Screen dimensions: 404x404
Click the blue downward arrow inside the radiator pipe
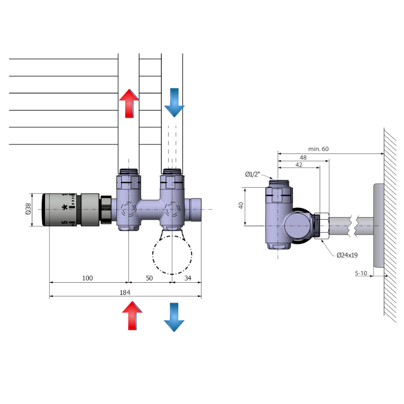tap(174, 103)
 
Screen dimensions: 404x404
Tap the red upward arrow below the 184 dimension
tap(132, 316)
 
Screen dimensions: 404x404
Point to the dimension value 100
tap(87, 278)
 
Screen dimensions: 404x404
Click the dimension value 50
tap(149, 278)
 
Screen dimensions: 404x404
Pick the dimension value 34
tap(187, 278)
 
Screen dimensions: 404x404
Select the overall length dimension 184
tap(125, 292)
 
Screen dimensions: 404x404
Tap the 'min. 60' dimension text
tap(319, 148)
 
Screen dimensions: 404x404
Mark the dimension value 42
tap(298, 165)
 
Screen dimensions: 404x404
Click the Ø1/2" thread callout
tap(252, 174)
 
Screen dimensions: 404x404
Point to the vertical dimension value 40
tap(241, 206)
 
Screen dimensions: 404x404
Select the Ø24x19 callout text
tap(347, 256)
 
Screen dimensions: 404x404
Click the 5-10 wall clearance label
tap(362, 273)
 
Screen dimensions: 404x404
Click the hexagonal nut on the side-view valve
tap(321, 225)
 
